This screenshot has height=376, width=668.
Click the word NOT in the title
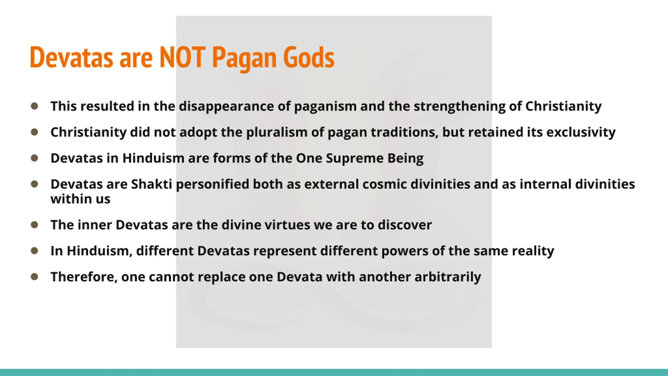182,57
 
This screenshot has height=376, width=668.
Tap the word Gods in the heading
309,57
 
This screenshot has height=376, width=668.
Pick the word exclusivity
581,132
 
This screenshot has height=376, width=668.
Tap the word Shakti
151,184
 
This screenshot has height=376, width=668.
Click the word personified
212,185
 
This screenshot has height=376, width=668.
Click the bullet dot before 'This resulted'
34,106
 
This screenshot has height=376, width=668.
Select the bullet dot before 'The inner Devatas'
34,225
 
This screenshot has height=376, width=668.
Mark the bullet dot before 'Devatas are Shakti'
34,184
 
